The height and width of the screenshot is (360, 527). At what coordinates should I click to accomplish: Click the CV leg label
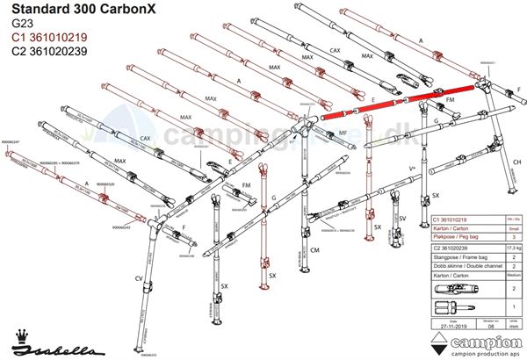pos(139,277)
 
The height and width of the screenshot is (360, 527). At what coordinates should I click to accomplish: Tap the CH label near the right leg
pos(518,162)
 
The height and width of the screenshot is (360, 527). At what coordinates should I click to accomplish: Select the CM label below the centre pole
pos(314,251)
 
